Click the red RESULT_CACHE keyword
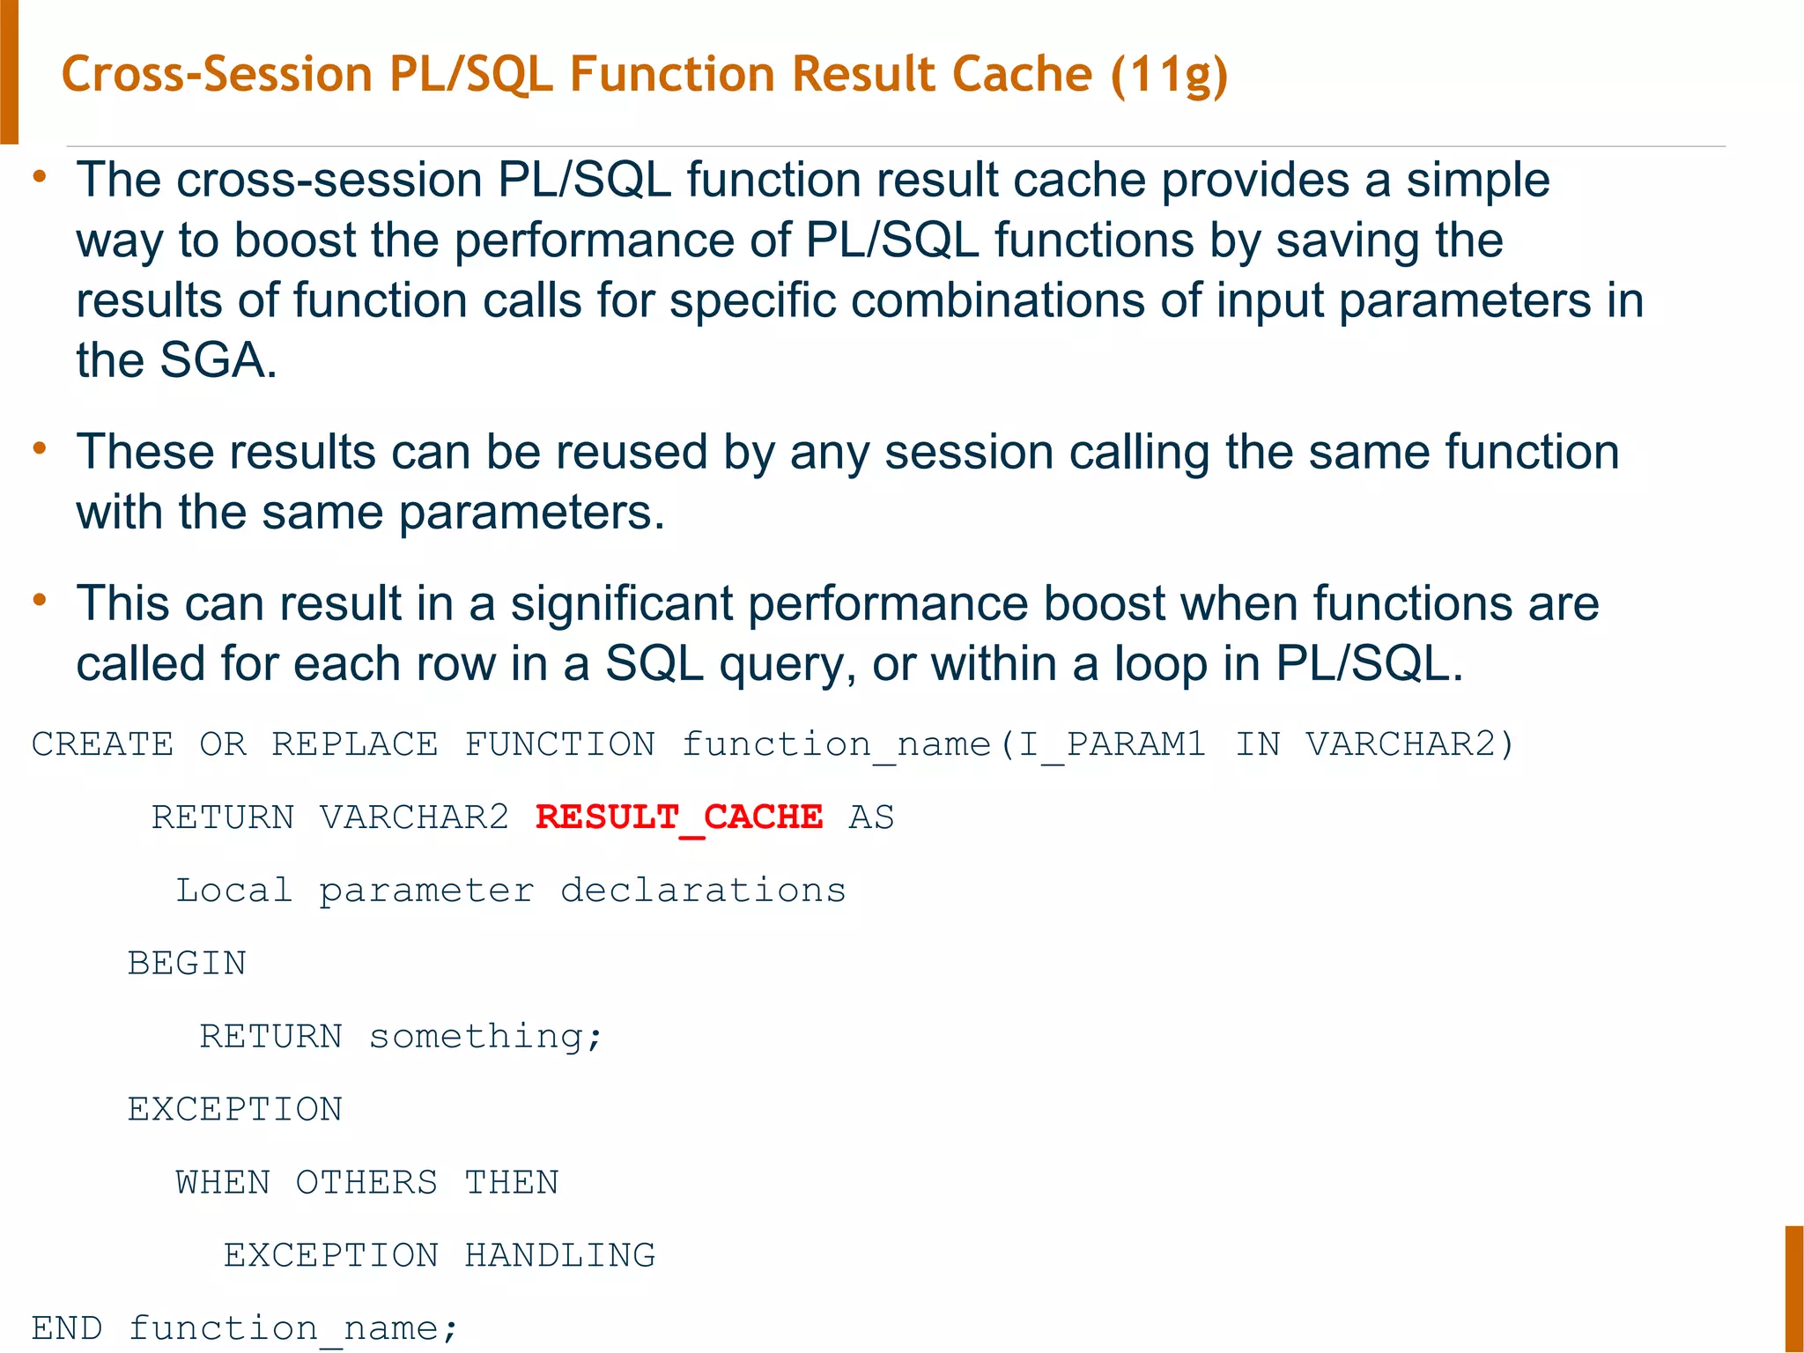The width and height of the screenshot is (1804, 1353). (679, 817)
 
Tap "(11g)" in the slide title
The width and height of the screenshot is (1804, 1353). (1169, 75)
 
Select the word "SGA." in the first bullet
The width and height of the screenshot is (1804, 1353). (218, 361)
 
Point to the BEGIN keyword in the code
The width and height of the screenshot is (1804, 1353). (187, 964)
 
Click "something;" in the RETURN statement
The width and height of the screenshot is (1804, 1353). (485, 1037)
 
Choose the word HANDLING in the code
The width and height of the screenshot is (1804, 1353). (560, 1255)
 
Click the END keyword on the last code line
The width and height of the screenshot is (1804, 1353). (67, 1328)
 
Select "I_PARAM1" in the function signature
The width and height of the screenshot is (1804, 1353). (1112, 745)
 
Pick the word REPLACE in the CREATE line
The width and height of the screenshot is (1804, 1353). (354, 745)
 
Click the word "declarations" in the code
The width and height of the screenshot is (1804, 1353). (703, 891)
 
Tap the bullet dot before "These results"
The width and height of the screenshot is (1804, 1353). (40, 449)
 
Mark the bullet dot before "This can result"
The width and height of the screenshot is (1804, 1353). (40, 601)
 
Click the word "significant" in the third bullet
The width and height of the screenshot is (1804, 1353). (622, 604)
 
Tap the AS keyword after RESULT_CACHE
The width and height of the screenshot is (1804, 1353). (871, 817)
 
